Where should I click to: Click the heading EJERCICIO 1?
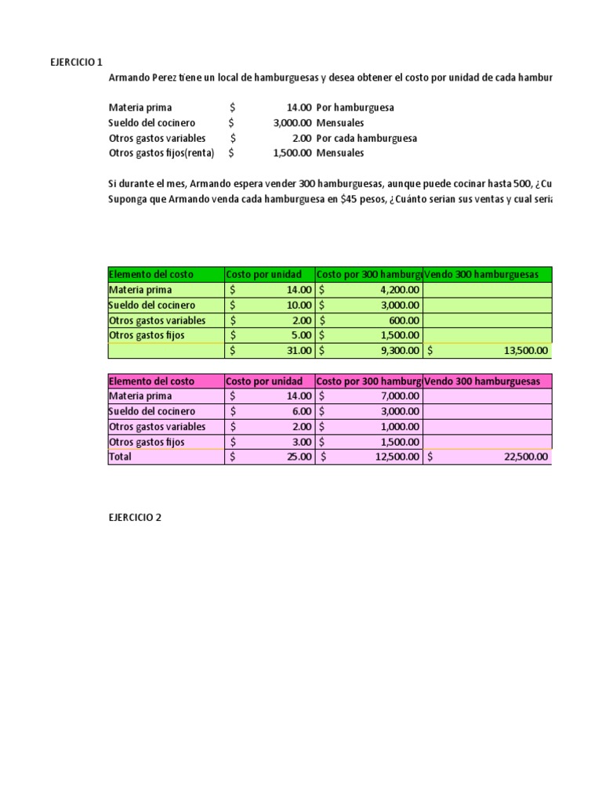[x=76, y=62]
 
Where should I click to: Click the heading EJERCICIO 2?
[x=135, y=517]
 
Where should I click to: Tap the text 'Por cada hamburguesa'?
[x=366, y=138]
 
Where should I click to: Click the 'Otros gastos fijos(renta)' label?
[x=161, y=154]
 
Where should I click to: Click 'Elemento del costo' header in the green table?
[x=151, y=274]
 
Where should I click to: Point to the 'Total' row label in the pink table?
[x=121, y=457]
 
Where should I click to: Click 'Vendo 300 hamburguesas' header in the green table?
[x=481, y=274]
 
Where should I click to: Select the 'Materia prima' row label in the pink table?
[x=140, y=396]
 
